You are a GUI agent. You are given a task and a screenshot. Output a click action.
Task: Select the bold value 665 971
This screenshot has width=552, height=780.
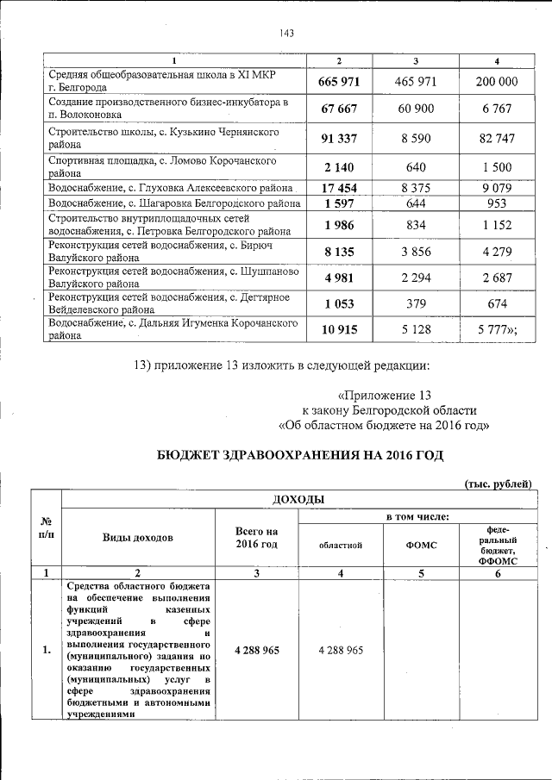point(338,82)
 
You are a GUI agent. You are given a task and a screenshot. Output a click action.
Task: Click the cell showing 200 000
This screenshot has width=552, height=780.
point(497,82)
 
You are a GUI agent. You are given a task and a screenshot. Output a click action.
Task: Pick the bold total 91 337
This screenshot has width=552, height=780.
point(338,139)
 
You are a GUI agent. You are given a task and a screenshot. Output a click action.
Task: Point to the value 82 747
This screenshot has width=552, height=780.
point(497,139)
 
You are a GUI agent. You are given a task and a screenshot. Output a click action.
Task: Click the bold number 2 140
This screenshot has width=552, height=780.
point(338,167)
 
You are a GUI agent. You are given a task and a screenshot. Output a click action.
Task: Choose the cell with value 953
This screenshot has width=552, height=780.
point(497,204)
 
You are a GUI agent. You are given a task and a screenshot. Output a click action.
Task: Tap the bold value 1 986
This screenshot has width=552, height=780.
point(338,226)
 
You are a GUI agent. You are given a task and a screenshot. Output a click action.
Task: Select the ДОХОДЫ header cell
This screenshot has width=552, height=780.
point(298,500)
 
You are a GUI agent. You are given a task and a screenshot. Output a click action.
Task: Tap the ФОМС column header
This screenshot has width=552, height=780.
point(421,545)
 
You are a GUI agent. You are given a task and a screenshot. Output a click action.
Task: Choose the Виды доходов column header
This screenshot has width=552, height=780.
point(138,537)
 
